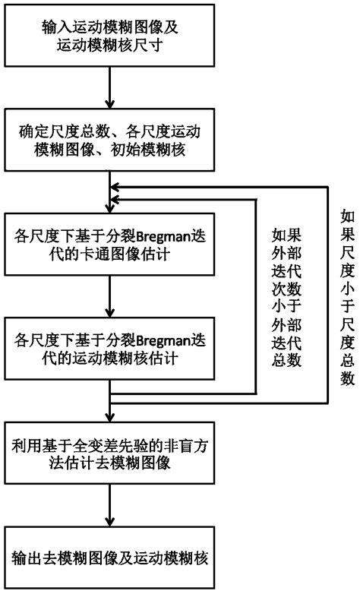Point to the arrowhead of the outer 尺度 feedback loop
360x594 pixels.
point(116,187)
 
